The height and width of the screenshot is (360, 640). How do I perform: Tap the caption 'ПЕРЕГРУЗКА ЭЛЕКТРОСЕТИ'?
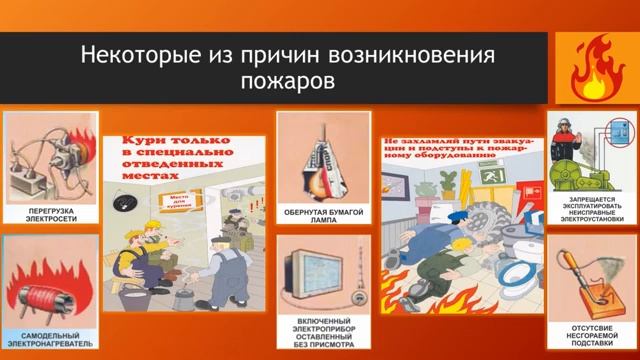pos(49,216)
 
